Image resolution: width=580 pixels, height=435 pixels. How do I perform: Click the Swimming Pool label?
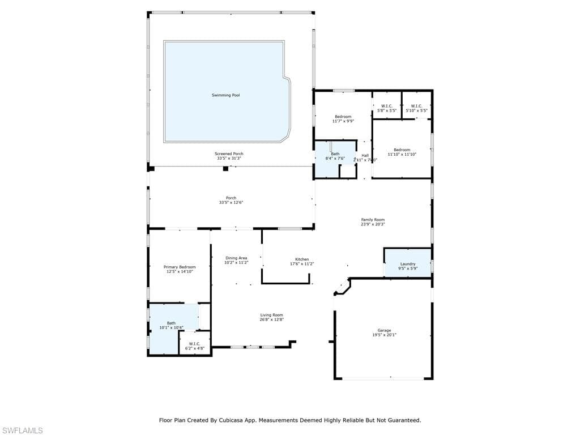[225, 95]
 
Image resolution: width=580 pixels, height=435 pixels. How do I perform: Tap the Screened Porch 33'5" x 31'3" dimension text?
[229, 159]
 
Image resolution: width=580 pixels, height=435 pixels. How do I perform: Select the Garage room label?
[385, 330]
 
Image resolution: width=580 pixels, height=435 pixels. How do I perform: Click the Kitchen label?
[302, 259]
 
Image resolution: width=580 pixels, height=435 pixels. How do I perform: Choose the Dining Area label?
[236, 258]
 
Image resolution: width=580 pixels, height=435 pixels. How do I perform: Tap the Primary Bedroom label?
[180, 267]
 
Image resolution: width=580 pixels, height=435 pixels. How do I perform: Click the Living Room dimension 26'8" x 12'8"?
[271, 319]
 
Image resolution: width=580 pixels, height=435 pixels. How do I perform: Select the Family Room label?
[373, 220]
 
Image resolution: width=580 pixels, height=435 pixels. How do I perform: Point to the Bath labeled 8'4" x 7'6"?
[335, 156]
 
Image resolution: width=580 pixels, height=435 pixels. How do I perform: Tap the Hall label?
[365, 155]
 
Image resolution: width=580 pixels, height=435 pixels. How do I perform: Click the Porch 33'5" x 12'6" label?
[231, 200]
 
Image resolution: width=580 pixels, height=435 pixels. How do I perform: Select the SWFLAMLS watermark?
[22, 430]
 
